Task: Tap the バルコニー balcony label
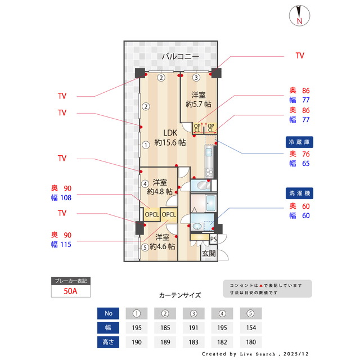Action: click(x=179, y=57)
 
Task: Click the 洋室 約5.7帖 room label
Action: click(x=198, y=99)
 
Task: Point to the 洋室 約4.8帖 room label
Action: click(x=160, y=187)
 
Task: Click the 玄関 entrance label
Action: click(x=209, y=254)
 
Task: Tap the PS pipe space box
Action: click(x=213, y=238)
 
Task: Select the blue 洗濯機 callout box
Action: click(x=299, y=193)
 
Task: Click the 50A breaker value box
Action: click(x=70, y=291)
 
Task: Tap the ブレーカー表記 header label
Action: click(x=70, y=281)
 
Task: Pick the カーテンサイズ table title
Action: click(x=179, y=295)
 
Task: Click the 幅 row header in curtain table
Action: click(x=108, y=327)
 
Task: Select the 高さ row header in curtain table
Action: click(x=108, y=342)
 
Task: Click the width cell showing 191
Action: click(x=194, y=327)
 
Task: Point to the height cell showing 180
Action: click(x=250, y=342)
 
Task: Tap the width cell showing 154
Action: click(x=250, y=327)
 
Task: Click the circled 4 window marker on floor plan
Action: click(x=145, y=183)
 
